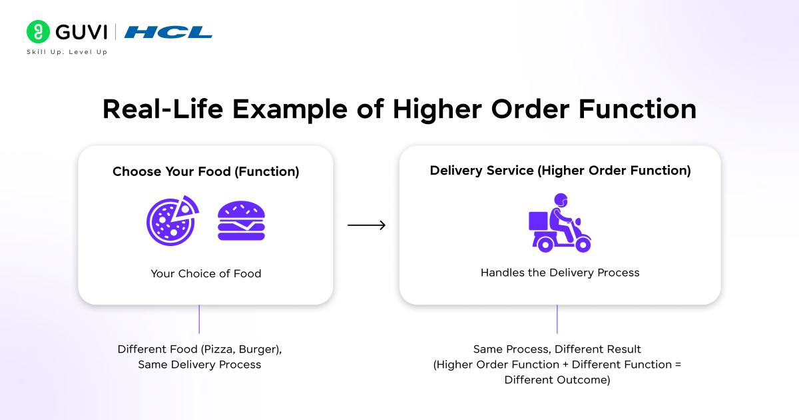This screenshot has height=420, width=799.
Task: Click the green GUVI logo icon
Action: point(38,31)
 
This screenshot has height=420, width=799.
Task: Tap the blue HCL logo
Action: point(168,32)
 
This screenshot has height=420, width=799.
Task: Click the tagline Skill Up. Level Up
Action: point(67,52)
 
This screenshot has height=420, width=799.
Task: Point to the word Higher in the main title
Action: point(450,109)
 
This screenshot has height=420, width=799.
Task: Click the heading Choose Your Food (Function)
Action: point(206,171)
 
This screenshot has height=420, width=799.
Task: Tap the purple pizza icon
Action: point(172,221)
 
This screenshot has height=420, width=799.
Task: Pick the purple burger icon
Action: point(241,222)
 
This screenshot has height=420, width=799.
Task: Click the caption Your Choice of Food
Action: point(206,273)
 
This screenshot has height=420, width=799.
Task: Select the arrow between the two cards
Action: point(366,226)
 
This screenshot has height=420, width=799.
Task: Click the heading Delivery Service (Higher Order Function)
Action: point(560,171)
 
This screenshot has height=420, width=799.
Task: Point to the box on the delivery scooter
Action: point(539,221)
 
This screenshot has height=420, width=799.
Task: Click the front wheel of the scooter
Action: point(583,244)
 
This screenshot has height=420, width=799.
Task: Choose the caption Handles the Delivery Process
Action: point(560,273)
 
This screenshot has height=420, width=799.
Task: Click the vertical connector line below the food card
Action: point(199,319)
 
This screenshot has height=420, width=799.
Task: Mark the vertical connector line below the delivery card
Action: point(557,319)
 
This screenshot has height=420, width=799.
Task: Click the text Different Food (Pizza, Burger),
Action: point(204,349)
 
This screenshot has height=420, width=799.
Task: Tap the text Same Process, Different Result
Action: point(557,349)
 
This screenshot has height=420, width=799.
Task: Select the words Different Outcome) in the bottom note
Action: point(557,380)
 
